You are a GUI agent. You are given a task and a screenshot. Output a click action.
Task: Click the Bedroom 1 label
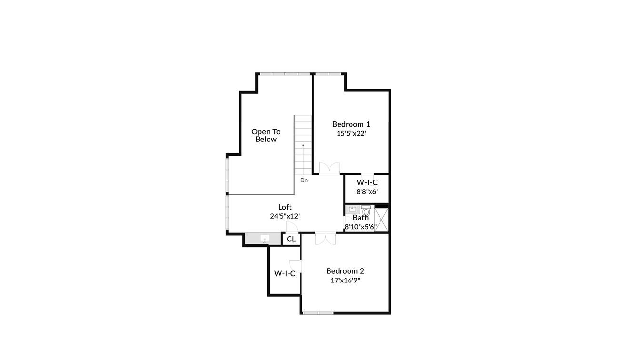point(351,124)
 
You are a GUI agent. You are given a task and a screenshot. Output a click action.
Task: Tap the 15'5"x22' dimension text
point(351,134)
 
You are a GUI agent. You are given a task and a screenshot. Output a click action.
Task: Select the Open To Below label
point(266,135)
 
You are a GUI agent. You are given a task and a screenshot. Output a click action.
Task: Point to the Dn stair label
point(304,180)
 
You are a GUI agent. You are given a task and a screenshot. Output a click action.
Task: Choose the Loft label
point(285,207)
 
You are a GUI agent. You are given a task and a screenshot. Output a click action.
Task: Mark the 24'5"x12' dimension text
point(285,216)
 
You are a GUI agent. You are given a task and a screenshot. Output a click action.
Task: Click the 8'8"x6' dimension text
point(367,192)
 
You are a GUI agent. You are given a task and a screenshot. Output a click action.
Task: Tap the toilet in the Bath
point(366,210)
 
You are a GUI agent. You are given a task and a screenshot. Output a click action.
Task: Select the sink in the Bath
point(352,209)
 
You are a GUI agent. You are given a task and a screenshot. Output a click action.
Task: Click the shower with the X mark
point(381,220)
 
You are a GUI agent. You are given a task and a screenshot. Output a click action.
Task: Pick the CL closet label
point(291,239)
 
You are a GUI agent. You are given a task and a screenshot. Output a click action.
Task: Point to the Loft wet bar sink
point(265,239)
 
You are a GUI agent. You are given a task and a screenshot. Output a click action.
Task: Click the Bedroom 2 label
point(345,271)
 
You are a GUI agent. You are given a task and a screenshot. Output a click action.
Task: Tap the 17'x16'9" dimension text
point(345,280)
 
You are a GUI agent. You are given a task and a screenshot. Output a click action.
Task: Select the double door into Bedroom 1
point(329,168)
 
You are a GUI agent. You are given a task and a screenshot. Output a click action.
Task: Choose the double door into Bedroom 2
point(326,239)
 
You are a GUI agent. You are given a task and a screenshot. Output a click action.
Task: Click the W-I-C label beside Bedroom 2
point(285,274)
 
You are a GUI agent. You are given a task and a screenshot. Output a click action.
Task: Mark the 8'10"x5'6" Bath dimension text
point(360,227)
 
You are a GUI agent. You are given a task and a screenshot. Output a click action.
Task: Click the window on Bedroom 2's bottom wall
point(318,313)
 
